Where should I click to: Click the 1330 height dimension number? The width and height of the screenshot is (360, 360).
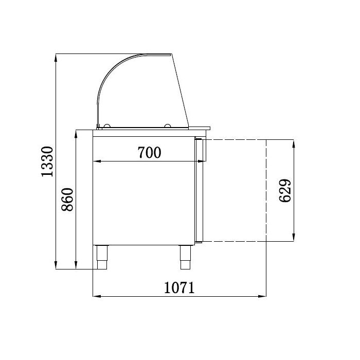47,161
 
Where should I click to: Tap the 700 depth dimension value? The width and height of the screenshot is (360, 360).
149,153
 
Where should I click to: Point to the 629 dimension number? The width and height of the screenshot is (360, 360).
286,190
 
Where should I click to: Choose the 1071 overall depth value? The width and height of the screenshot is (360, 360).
179,288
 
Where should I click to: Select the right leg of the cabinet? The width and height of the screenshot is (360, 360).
185,257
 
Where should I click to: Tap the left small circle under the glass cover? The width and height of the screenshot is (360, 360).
106,125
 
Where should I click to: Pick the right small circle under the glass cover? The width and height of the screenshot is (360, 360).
168,125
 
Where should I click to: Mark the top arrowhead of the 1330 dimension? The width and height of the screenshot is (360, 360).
56,56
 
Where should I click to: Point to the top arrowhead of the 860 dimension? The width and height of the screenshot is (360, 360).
76,134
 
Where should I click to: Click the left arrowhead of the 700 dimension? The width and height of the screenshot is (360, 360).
96,161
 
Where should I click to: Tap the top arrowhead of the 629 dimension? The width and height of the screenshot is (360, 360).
294,143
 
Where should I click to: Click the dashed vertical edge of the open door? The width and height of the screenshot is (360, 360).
266,190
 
